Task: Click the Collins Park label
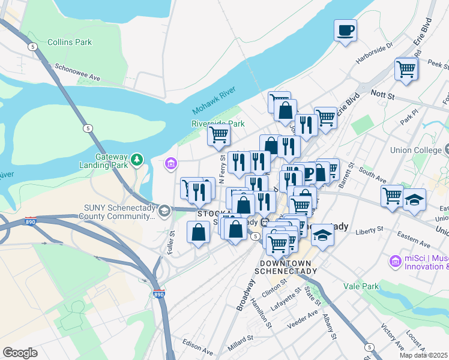tap(70, 42)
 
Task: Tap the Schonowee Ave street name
tap(77, 73)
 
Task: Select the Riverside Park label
tap(218, 124)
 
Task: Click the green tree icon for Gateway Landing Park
tap(138, 159)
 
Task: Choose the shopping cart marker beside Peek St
tap(406, 69)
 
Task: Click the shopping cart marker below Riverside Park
tap(218, 135)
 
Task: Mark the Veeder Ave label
tap(304, 320)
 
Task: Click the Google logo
tap(20, 353)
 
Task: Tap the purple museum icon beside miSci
tap(395, 261)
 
